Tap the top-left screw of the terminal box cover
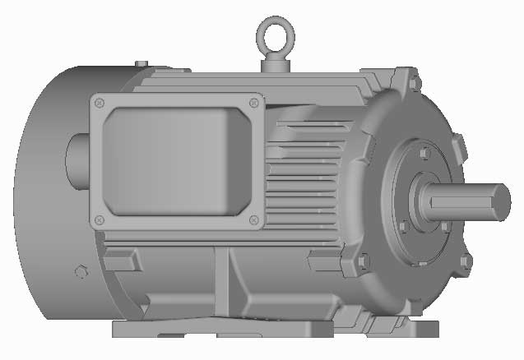[100, 103]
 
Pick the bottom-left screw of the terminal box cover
[100, 219]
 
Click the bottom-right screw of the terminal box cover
[253, 219]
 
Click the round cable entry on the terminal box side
[76, 160]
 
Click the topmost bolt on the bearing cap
[423, 154]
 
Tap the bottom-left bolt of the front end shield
[363, 261]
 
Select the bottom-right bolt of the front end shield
[466, 261]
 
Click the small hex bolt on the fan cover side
[80, 272]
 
